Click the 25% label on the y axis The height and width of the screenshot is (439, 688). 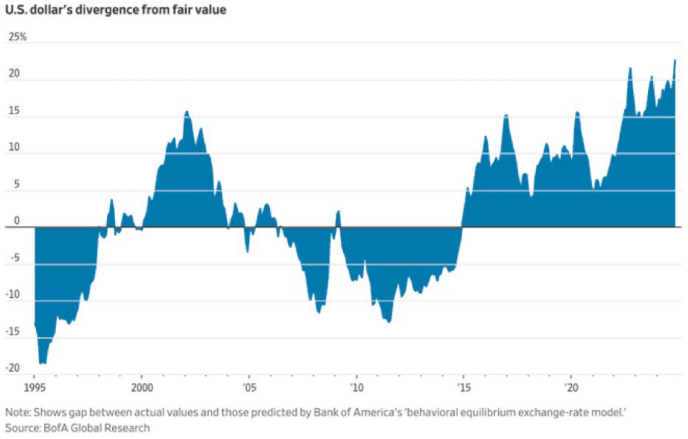pos(17,37)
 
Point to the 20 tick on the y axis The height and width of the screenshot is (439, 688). pos(14,74)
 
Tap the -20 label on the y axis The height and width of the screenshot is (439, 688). pos(13,368)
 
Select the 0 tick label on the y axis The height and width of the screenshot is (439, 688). pos(17,221)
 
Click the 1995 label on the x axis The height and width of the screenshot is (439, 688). pos(35,387)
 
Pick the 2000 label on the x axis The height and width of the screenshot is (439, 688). pos(142,387)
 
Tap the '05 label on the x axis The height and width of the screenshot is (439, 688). pos(249,387)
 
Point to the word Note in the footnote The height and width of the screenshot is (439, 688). pos(17,412)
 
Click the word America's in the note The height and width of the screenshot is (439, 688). pos(383,412)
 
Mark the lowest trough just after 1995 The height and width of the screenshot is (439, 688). pos(43,364)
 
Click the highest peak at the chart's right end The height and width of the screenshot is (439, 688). pos(675,60)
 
